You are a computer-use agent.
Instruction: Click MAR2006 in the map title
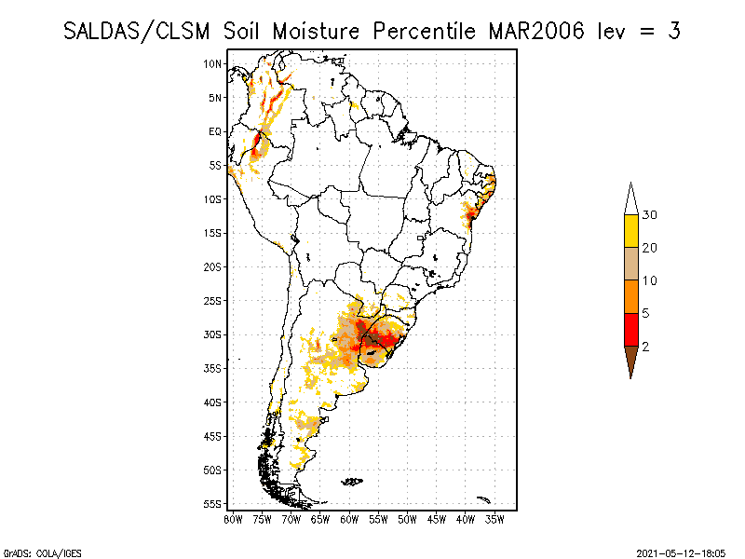(x=535, y=31)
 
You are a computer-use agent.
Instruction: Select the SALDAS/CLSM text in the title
(x=140, y=31)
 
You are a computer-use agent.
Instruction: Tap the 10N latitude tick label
(x=213, y=63)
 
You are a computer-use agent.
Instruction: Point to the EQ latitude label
(x=215, y=131)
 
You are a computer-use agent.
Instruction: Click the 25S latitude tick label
(x=213, y=301)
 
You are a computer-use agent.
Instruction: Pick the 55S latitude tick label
(x=213, y=504)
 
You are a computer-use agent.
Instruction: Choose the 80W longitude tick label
(x=233, y=518)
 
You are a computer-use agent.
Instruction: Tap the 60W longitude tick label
(x=349, y=518)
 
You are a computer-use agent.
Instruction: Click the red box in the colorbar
(x=630, y=330)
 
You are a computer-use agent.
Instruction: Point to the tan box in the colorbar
(x=630, y=264)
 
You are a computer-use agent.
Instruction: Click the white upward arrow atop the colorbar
(x=630, y=198)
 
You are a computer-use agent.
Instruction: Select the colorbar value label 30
(x=650, y=215)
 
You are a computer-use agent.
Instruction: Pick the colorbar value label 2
(x=645, y=347)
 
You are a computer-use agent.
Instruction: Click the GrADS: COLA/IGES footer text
(x=32, y=552)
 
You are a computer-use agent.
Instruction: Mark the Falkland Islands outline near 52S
(x=352, y=482)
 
